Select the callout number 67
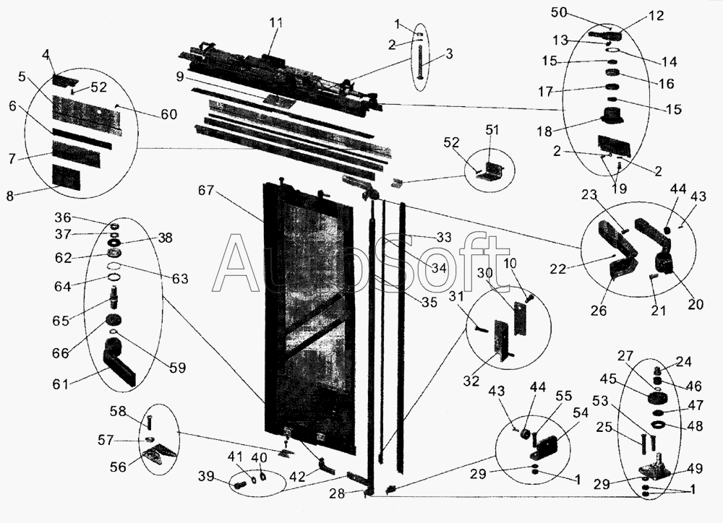[206, 189]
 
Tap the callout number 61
[61, 384]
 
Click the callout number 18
[544, 131]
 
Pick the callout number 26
[599, 311]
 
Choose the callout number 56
[118, 467]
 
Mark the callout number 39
[206, 476]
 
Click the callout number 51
[492, 130]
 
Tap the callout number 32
[471, 381]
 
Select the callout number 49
[695, 469]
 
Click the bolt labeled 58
[149, 421]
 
